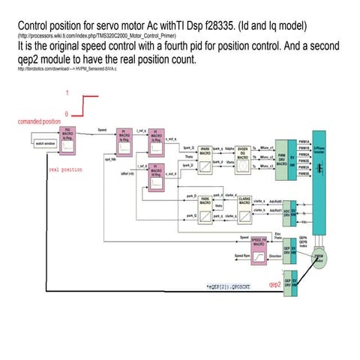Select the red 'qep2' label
tap(276, 285)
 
